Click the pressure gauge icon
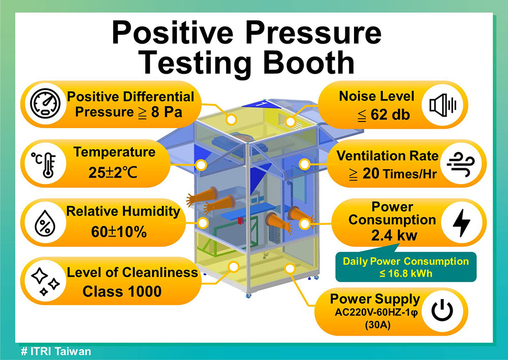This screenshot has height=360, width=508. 45,103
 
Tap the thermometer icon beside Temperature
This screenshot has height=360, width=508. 44,165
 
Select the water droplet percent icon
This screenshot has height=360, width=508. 45,223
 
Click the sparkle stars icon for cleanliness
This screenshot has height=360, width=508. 45,282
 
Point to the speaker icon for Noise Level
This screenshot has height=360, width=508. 443,105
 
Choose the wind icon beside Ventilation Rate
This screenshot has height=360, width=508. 461,164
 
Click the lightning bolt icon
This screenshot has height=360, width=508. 461,223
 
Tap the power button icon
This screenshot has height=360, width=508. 442,310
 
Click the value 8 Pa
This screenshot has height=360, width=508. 167,112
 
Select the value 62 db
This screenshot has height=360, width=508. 390,114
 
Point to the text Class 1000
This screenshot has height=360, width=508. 122,291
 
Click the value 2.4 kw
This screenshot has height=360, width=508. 394,235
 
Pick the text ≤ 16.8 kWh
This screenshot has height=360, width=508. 405,274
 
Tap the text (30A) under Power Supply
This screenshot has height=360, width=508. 377,324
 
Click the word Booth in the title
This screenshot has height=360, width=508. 309,63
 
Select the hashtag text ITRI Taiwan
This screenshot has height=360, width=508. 56,351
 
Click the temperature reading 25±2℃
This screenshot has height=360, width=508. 112,172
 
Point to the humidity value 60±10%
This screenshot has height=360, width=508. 118,232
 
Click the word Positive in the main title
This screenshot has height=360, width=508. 172,33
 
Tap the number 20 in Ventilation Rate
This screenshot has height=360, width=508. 371,174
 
